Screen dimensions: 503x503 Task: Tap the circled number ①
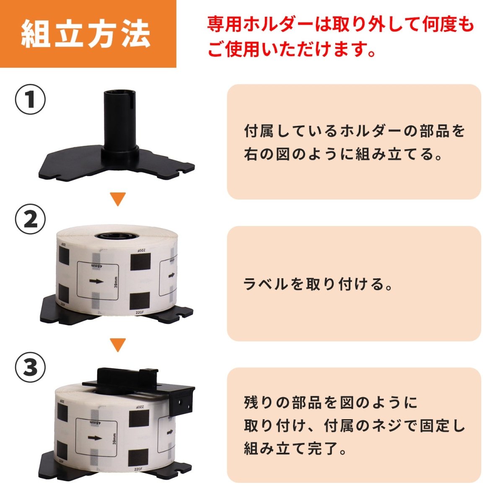click(30, 101)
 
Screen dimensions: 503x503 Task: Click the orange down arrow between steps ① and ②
click(118, 199)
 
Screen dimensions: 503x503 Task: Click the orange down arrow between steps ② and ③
click(118, 345)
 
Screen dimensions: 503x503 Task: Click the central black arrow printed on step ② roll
click(96, 282)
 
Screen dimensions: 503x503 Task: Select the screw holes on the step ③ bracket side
click(181, 403)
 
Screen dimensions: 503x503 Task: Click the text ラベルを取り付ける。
click(319, 284)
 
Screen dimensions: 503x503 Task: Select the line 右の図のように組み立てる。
click(344, 155)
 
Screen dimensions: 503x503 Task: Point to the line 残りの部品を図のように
click(331, 403)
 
